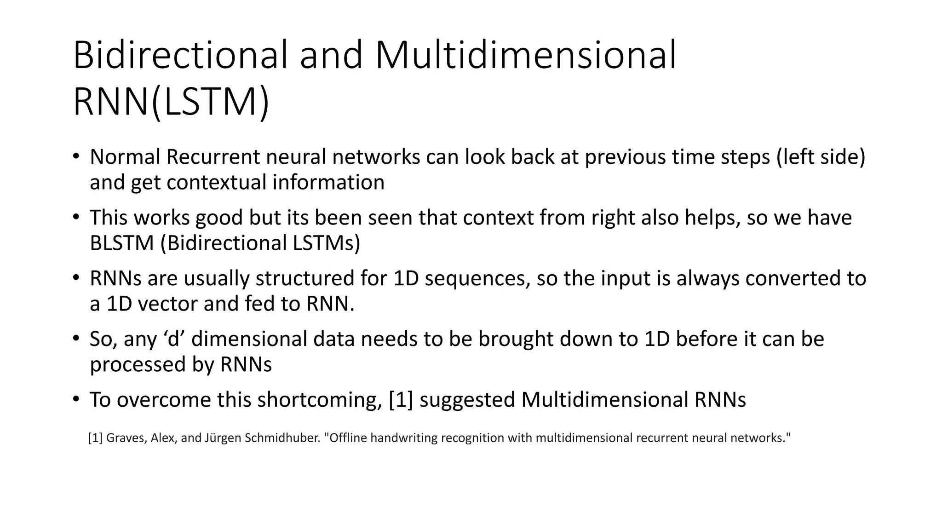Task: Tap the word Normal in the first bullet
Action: point(125,157)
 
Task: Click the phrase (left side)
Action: point(821,157)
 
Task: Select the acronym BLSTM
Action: point(121,243)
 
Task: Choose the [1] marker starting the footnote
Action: point(95,438)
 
